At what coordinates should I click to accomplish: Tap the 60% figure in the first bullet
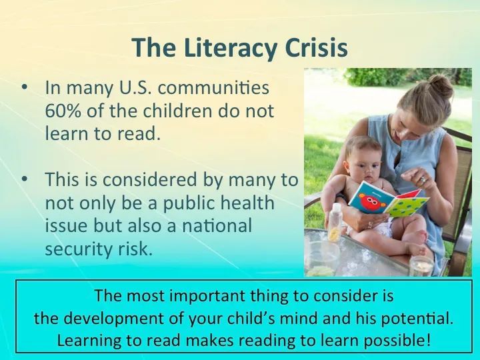[63, 111]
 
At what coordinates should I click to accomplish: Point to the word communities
[213, 87]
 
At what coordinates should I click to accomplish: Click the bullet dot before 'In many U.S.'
[25, 87]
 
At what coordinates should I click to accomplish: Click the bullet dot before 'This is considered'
[25, 178]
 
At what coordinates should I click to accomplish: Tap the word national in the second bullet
[217, 225]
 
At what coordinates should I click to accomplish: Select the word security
[79, 249]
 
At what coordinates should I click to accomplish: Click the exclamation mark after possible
[428, 340]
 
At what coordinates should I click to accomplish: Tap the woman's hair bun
[441, 86]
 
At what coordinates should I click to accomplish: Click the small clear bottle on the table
[335, 222]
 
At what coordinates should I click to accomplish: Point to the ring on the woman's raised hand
[423, 180]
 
